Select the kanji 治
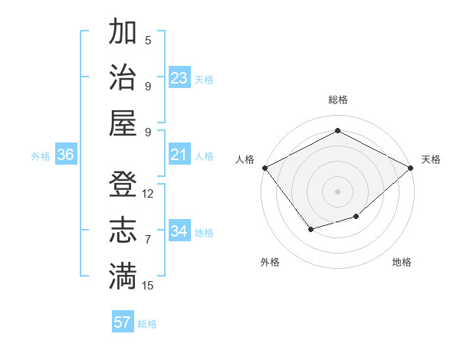[x=123, y=77]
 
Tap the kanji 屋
[x=123, y=123]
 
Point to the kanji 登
[x=123, y=185]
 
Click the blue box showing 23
[x=179, y=78]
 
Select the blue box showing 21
[x=179, y=155]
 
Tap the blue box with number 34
[x=179, y=231]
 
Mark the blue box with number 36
[x=66, y=155]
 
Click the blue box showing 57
[x=123, y=322]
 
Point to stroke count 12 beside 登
[x=148, y=194]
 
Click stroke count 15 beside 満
[x=148, y=286]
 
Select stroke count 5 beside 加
[x=148, y=41]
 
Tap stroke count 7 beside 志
[x=148, y=240]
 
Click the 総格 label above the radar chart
[x=337, y=100]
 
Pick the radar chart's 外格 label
[x=270, y=262]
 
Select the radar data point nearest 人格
[x=264, y=168]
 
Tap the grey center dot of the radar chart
[x=337, y=191]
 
